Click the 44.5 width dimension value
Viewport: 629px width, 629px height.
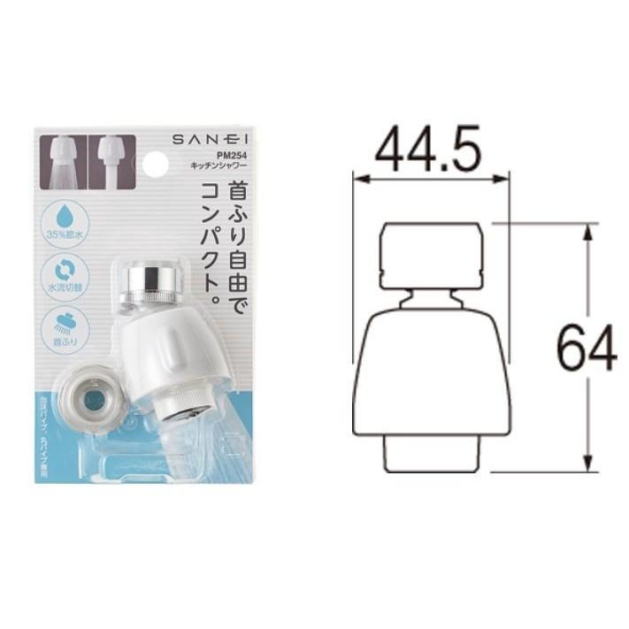428,150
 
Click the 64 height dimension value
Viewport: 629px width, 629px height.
586,347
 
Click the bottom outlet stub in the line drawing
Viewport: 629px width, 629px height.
431,453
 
